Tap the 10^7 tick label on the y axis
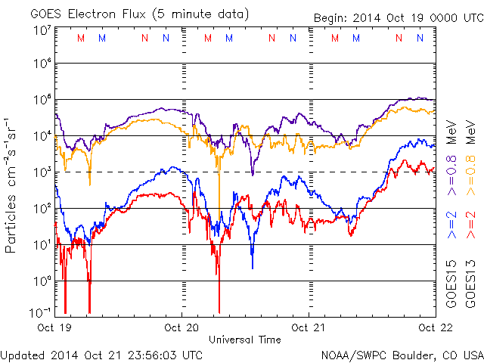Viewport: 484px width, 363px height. tap(41, 29)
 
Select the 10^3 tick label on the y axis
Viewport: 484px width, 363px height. tap(41, 172)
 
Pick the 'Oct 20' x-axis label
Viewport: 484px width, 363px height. tap(182, 327)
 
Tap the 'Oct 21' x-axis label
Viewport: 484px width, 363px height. tap(309, 327)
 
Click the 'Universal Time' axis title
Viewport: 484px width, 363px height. tap(245, 340)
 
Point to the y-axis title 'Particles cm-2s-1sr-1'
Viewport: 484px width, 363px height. tap(13, 185)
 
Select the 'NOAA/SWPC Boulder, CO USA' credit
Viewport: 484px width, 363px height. tap(402, 355)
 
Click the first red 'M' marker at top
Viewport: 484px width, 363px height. tap(82, 37)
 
